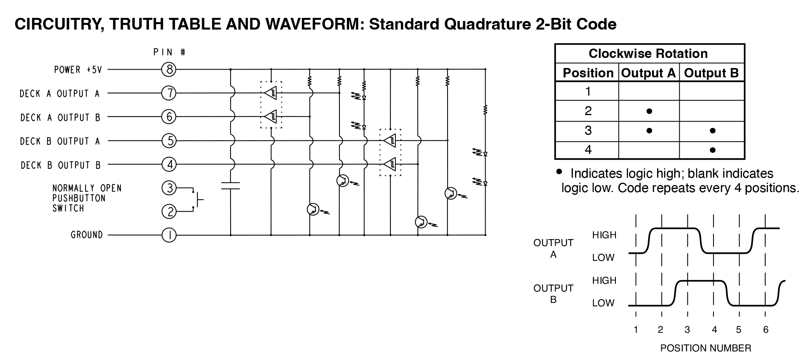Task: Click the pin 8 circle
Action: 169,70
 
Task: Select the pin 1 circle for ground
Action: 169,235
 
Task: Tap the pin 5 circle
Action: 169,140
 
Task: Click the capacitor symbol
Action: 230,186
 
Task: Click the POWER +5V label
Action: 78,70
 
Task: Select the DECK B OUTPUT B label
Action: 61,165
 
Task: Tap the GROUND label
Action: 87,235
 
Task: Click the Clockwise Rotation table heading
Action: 648,54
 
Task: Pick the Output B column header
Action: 711,73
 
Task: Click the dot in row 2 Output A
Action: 649,111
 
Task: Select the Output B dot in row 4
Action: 712,150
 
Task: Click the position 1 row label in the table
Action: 588,92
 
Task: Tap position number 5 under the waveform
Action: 739,330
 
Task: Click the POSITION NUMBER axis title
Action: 705,348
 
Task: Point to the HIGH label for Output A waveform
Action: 604,235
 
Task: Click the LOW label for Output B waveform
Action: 603,303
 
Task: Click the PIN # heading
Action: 169,52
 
